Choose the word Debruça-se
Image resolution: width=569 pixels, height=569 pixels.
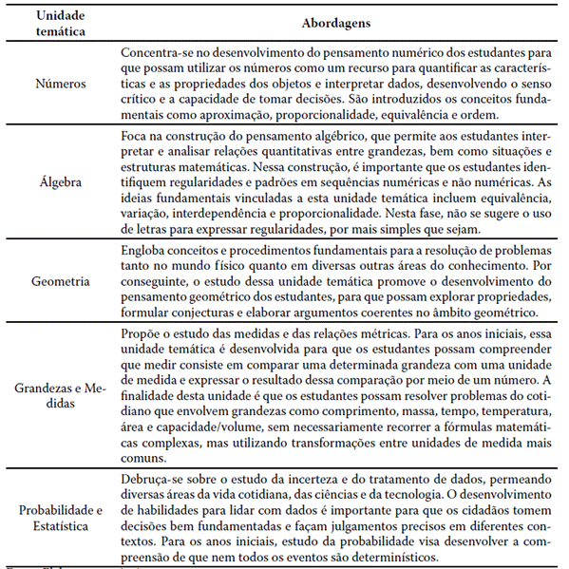pos(156,478)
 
